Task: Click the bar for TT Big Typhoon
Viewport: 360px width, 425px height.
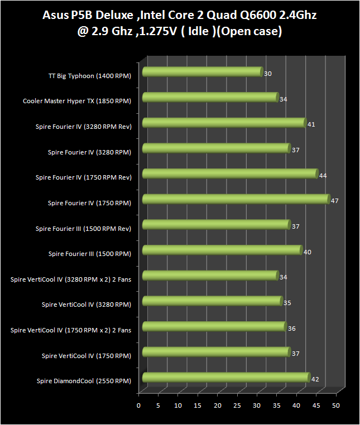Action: [x=203, y=72]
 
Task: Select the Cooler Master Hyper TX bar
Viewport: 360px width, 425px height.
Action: [x=210, y=97]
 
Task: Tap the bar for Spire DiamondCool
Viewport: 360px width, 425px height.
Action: [x=226, y=377]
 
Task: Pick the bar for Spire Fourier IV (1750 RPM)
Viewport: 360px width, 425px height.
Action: [x=236, y=199]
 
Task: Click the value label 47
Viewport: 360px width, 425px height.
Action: [x=334, y=201]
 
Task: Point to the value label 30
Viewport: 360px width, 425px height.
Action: [x=268, y=74]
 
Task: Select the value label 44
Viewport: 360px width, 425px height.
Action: [x=323, y=176]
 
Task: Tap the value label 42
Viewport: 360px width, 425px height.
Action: [x=315, y=379]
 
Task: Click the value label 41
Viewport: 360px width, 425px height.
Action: [x=311, y=124]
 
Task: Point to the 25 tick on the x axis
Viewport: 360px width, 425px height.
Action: [x=237, y=405]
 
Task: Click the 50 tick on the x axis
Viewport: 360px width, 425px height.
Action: [x=336, y=405]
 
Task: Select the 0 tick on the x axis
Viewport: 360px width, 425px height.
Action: [x=138, y=405]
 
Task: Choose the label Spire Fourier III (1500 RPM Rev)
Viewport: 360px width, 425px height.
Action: [x=83, y=229]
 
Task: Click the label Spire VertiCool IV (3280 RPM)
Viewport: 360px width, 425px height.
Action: [x=87, y=305]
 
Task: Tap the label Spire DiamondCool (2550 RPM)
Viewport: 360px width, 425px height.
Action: [x=84, y=381]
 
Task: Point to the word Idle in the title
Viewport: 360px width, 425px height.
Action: [x=198, y=31]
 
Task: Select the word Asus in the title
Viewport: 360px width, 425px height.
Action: [x=55, y=15]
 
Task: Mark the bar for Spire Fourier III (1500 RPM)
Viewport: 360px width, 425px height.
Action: [x=223, y=250]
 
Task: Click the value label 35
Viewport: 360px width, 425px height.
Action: [x=287, y=303]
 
